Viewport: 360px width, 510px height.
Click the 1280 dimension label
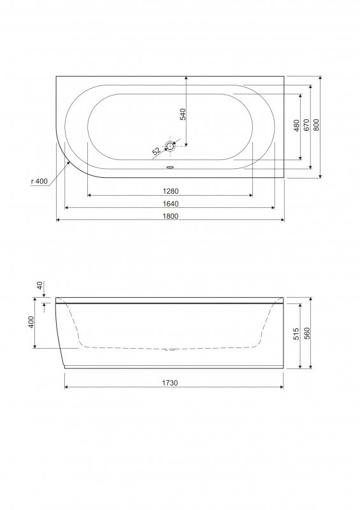pyautogui.click(x=170, y=191)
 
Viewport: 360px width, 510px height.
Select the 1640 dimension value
pyautogui.click(x=170, y=203)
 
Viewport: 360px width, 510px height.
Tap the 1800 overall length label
pyautogui.click(x=170, y=215)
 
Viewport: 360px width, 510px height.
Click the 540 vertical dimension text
pyautogui.click(x=183, y=115)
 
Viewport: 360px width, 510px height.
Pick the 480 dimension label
pyautogui.click(x=296, y=126)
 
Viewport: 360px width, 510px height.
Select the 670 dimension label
pyautogui.click(x=306, y=125)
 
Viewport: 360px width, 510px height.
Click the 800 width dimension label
pyautogui.click(x=316, y=125)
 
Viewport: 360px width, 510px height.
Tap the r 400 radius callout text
pyautogui.click(x=40, y=182)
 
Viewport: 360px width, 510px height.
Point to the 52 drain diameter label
pyautogui.click(x=156, y=152)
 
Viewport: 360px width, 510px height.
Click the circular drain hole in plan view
pyautogui.click(x=170, y=146)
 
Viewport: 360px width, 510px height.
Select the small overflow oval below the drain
pyautogui.click(x=170, y=168)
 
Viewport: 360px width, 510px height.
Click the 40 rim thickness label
pyautogui.click(x=40, y=286)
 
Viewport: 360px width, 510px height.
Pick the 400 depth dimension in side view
pyautogui.click(x=31, y=323)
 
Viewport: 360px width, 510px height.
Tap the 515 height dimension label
pyautogui.click(x=296, y=334)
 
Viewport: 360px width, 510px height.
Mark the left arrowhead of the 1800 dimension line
pyautogui.click(x=59, y=220)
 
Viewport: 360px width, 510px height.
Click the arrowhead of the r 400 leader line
pyautogui.click(x=68, y=162)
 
